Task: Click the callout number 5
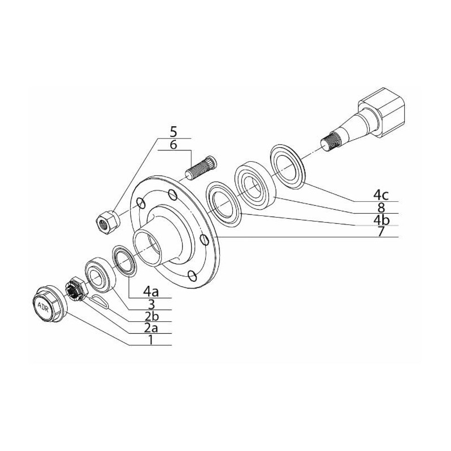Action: point(174,132)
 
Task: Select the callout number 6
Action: point(174,144)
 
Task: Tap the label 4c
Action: point(381,195)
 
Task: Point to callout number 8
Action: point(381,207)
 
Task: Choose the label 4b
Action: point(381,219)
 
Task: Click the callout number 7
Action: point(381,231)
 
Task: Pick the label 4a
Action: point(151,291)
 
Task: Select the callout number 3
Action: point(151,304)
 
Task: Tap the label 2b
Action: point(151,316)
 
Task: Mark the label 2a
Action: point(151,328)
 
